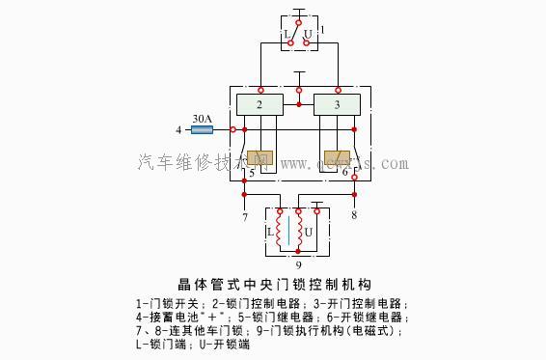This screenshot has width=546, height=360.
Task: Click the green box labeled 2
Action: tap(259, 104)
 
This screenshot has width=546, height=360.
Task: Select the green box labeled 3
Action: tap(338, 104)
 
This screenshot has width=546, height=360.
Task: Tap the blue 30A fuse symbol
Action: tap(202, 129)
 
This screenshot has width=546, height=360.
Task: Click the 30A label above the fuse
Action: tap(202, 118)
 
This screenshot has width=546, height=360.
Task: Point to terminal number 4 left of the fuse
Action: tap(178, 129)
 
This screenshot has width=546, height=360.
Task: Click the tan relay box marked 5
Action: tap(259, 158)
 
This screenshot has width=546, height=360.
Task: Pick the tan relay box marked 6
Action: tap(337, 158)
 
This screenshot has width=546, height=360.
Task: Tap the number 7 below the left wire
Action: tap(245, 215)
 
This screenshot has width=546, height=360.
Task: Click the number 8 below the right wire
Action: tap(354, 215)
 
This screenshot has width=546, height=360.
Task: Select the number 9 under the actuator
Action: tap(298, 264)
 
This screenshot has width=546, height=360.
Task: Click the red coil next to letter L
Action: tap(283, 233)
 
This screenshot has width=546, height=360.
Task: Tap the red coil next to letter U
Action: tap(312, 233)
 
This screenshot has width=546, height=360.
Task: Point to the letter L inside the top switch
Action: tap(287, 35)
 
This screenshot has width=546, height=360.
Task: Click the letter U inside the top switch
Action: tap(308, 35)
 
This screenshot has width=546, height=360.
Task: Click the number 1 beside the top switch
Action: tap(321, 31)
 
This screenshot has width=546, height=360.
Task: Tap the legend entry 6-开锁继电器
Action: tap(366, 317)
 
